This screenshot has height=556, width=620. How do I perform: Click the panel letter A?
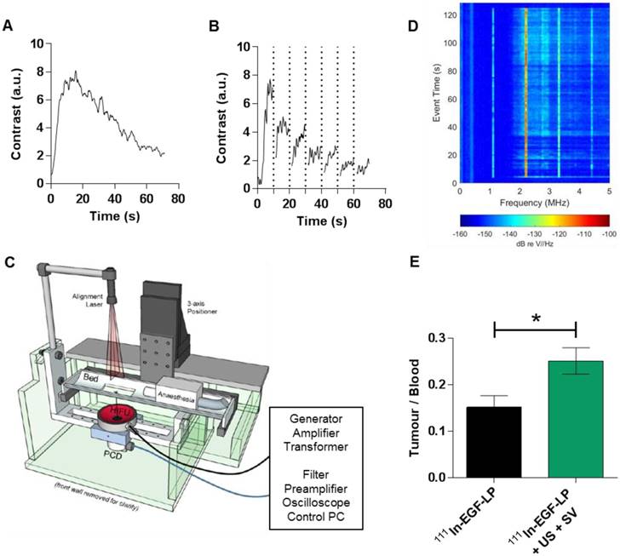click(x=9, y=27)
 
